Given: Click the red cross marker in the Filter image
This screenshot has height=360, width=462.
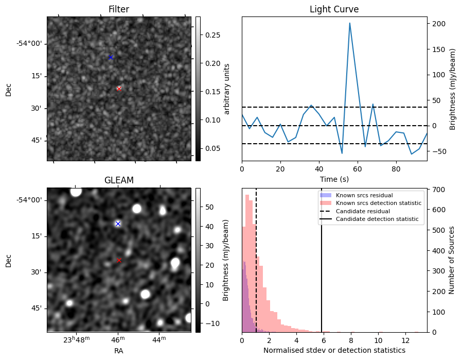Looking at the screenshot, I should pyautogui.click(x=119, y=89).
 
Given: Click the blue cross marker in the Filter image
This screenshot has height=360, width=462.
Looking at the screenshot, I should pyautogui.click(x=110, y=57).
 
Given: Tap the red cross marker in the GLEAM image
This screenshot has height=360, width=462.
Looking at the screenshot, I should pyautogui.click(x=119, y=260).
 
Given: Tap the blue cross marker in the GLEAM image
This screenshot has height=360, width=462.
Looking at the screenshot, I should pyautogui.click(x=118, y=224).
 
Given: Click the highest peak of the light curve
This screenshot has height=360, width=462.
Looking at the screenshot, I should pyautogui.click(x=350, y=23).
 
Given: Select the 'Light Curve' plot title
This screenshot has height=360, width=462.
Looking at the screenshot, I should pyautogui.click(x=334, y=9).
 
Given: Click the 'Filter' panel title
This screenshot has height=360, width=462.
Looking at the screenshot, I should pyautogui.click(x=119, y=9).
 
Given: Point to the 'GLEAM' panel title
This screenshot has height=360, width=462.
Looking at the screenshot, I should pyautogui.click(x=119, y=180).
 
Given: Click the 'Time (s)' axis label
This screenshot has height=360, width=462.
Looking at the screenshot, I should pyautogui.click(x=334, y=179).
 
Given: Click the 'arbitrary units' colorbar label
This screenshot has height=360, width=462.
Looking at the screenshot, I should pyautogui.click(x=227, y=89).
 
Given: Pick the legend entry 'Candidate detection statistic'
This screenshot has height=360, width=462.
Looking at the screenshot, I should pyautogui.click(x=378, y=219).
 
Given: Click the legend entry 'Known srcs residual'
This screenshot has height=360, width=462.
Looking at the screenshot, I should pyautogui.click(x=365, y=195).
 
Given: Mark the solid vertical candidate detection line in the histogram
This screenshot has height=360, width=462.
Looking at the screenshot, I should pyautogui.click(x=322, y=268).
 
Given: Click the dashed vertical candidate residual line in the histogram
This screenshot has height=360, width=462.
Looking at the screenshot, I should pyautogui.click(x=256, y=268).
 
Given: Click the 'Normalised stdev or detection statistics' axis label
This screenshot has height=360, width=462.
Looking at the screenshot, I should pyautogui.click(x=334, y=350).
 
